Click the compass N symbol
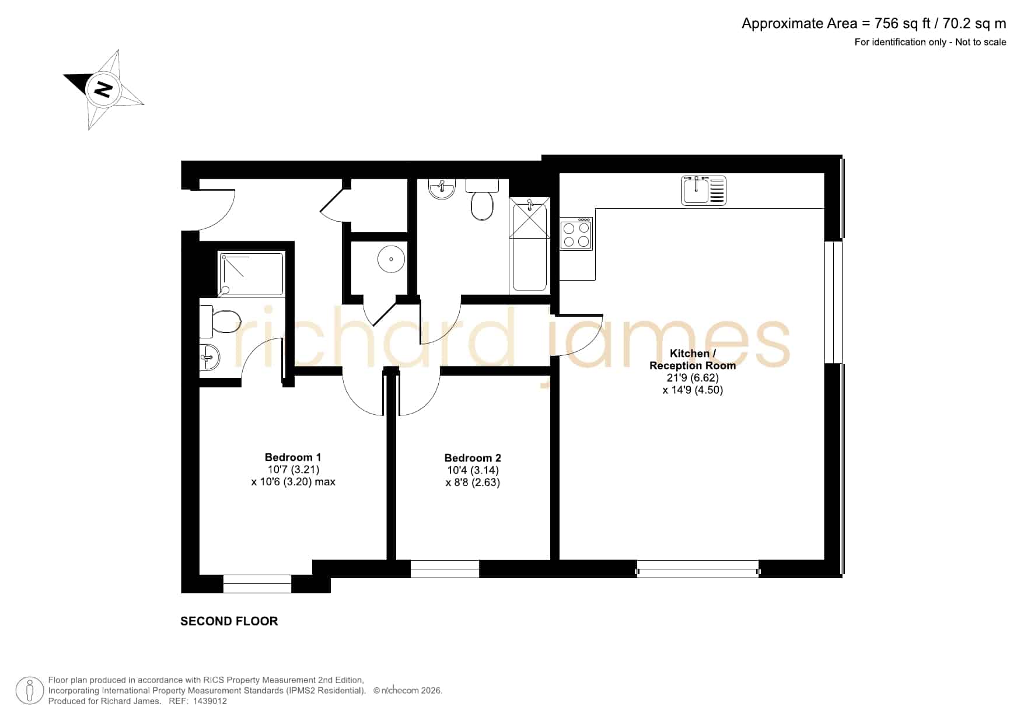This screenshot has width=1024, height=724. [103, 89]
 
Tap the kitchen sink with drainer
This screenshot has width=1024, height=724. [704, 190]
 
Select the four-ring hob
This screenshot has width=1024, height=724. [576, 234]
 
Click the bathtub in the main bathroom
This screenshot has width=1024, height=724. [530, 245]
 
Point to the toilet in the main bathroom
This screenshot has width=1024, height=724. [482, 200]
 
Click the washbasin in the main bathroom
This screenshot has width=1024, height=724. [442, 189]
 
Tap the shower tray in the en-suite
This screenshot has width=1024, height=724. [251, 274]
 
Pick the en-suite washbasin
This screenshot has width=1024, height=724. [209, 356]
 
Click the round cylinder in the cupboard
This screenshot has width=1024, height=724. [391, 259]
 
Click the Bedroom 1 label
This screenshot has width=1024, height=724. [293, 457]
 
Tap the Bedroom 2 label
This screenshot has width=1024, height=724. [473, 458]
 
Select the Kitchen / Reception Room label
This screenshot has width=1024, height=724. [693, 359]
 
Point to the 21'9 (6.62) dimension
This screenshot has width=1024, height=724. [693, 378]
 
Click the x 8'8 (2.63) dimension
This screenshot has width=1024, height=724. [473, 482]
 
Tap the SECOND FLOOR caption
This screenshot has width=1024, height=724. [229, 621]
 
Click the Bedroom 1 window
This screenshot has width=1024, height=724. [257, 584]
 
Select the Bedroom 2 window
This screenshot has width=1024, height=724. [445, 569]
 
